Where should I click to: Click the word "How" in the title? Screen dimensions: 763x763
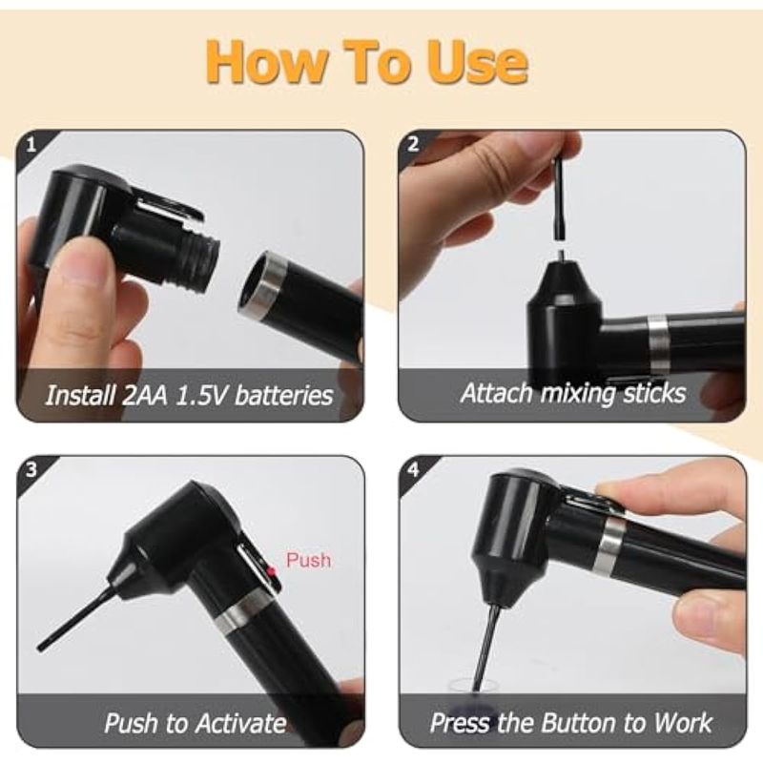point(267,63)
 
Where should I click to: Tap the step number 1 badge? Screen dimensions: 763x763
point(31,145)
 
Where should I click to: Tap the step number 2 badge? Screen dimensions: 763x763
point(413,145)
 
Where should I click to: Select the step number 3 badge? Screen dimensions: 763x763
point(31,470)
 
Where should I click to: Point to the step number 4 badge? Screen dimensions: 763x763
point(413,470)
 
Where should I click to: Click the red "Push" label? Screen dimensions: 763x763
point(308,560)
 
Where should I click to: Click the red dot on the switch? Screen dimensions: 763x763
point(271,571)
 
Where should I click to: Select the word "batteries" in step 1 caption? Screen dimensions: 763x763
point(283,395)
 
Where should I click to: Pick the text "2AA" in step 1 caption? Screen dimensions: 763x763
point(144,395)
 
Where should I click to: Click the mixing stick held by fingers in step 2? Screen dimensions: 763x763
point(560,198)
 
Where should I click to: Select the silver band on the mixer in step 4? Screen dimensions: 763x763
point(608,544)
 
